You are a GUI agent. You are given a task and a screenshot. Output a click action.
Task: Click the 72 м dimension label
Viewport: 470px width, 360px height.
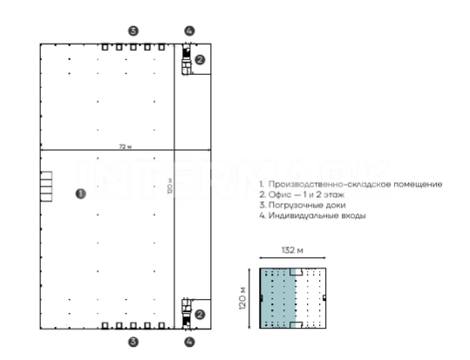[x=126, y=146]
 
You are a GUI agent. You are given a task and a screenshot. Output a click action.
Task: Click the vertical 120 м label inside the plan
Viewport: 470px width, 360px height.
[x=170, y=186]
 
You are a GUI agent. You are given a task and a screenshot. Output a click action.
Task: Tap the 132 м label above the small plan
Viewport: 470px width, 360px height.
[x=293, y=250]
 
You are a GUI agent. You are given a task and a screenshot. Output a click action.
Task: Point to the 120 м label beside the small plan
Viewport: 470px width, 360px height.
[x=242, y=298]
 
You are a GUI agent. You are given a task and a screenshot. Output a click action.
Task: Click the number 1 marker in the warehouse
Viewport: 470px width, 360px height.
[x=80, y=194]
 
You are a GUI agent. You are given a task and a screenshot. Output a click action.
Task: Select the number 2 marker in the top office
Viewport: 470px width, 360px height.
[x=200, y=59]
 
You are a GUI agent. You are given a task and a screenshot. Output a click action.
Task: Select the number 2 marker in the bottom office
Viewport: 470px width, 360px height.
[x=200, y=315]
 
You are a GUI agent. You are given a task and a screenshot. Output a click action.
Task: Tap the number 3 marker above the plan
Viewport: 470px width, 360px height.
[x=133, y=31]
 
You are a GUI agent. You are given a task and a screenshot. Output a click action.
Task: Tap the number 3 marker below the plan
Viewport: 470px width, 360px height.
[x=133, y=342]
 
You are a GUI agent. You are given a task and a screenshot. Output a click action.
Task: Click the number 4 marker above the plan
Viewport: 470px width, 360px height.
[x=189, y=31]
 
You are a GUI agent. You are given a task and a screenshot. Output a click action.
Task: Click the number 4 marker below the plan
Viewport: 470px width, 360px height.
[x=189, y=342]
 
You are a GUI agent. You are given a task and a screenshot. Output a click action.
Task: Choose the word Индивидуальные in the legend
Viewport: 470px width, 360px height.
[x=303, y=215]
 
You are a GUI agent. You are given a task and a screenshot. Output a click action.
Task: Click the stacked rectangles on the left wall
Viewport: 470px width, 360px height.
[x=46, y=187]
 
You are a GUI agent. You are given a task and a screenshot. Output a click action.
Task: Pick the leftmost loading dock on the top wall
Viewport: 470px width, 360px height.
[x=105, y=47]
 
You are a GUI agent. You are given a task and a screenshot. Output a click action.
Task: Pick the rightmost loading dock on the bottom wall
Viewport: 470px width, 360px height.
[x=161, y=325]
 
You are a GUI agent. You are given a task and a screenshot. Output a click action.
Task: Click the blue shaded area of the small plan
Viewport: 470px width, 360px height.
[x=277, y=298]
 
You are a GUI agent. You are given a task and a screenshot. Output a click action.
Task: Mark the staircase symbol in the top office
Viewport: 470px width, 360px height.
[x=187, y=59]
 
